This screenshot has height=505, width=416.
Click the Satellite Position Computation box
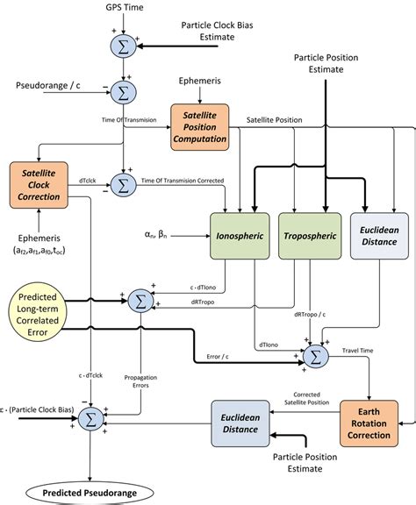click(204, 132)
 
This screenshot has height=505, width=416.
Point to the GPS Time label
click(121, 9)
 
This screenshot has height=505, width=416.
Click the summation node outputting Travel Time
click(314, 355)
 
